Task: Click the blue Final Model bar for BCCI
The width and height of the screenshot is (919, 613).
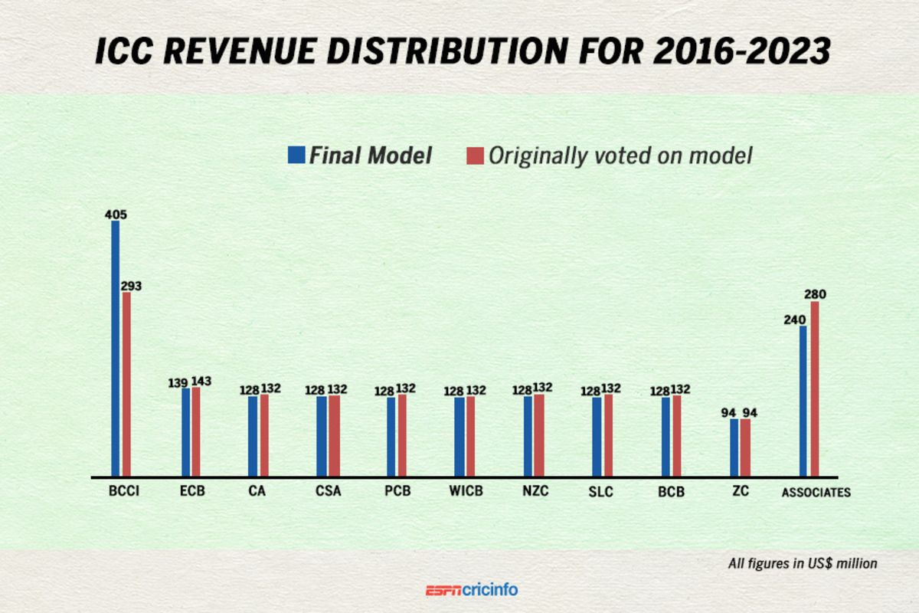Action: pos(116,349)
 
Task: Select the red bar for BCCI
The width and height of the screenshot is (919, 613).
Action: pos(126,384)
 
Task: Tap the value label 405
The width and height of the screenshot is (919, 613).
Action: pos(116,215)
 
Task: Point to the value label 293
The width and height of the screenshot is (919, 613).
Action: pos(130,286)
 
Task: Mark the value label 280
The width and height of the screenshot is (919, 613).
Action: pos(815,294)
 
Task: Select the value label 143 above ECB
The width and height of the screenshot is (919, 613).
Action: pos(201,381)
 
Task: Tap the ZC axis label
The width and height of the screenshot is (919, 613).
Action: pos(740,492)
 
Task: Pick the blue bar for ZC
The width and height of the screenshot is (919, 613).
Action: pos(734,447)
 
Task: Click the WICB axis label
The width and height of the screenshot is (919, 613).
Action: pos(465,492)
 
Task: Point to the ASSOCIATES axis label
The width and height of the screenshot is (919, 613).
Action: pos(816,493)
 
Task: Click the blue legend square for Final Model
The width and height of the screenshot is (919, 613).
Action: pos(296,156)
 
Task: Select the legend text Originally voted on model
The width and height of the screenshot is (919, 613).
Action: pos(620,156)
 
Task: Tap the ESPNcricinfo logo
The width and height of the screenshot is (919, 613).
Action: pos(472,590)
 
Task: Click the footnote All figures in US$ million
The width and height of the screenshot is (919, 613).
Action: pos(802,563)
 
